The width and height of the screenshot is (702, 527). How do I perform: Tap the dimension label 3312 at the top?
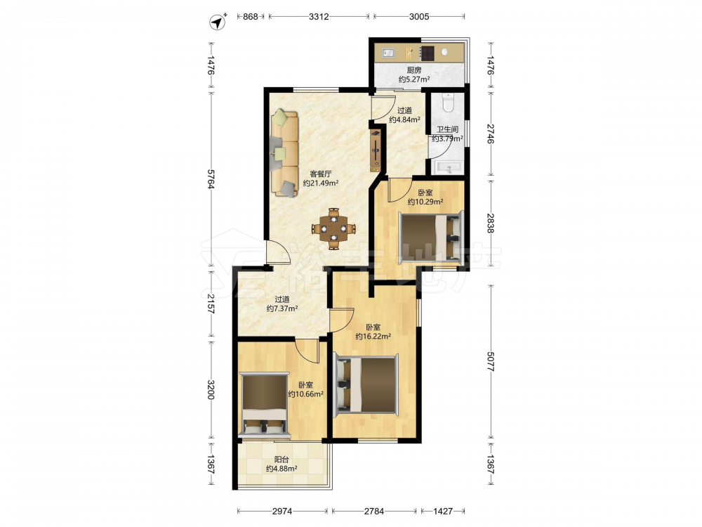click(319, 17)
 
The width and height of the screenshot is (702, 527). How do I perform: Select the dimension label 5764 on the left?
click(211, 178)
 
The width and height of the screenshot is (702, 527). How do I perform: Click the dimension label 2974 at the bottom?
click(282, 511)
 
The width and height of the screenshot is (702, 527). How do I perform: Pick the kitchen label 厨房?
click(414, 70)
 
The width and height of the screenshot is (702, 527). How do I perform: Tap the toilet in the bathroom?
click(448, 103)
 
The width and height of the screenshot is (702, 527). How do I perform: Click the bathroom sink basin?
click(449, 169)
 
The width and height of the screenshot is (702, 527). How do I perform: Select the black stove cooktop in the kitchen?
click(428, 53)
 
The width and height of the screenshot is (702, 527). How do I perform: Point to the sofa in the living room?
click(285, 153)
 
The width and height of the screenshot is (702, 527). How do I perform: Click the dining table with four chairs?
click(333, 228)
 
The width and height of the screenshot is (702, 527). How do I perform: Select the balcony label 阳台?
click(282, 460)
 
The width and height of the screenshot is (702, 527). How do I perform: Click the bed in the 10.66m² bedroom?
click(264, 404)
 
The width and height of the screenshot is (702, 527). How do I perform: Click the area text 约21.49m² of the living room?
click(321, 183)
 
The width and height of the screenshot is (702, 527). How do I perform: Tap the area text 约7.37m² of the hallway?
click(282, 308)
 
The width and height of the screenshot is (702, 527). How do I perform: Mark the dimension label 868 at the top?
click(251, 17)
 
